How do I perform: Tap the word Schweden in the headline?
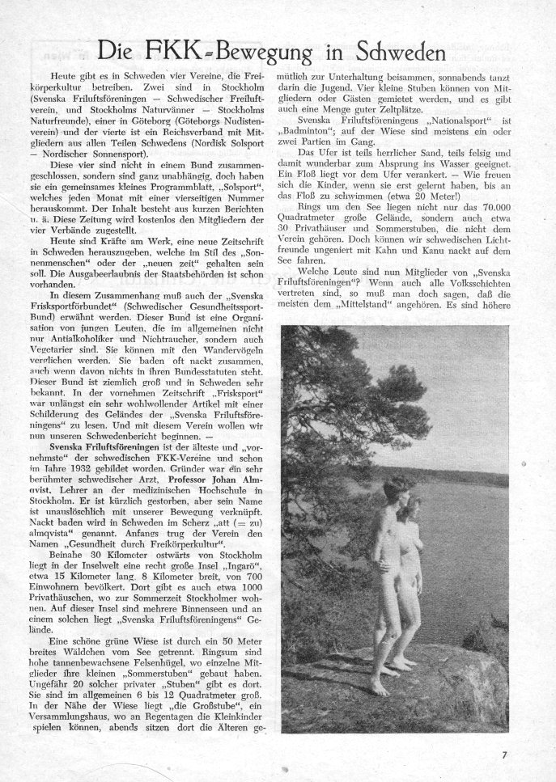tap(390, 53)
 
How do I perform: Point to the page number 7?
tap(504, 756)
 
